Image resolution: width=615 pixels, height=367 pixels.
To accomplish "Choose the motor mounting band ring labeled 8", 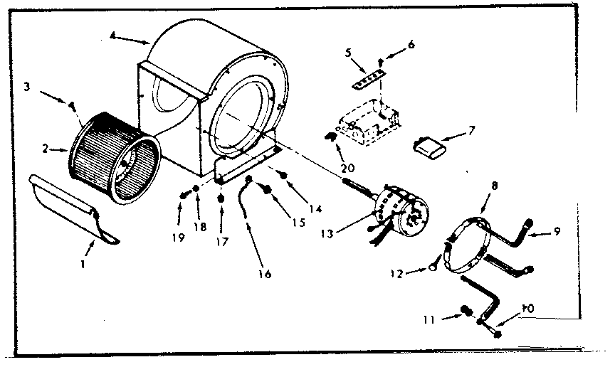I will coord(466,245).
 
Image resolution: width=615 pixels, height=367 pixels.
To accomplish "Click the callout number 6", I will coord(411,44).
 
